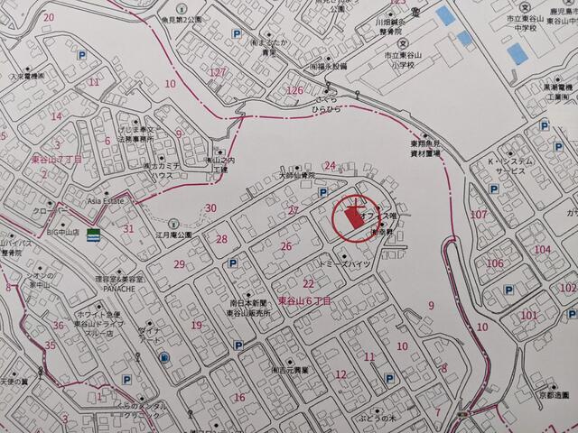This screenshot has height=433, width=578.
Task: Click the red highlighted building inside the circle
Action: point(352,216)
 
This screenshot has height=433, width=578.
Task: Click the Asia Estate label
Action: point(107,202)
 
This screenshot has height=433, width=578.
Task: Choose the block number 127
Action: point(217,72)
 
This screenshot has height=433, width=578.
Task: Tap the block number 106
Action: point(494,263)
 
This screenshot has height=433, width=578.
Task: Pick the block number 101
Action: point(528,315)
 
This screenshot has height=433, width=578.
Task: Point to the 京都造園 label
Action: point(549,395)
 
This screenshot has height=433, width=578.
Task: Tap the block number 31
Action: point(128,228)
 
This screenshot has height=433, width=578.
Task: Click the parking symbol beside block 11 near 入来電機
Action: point(81,56)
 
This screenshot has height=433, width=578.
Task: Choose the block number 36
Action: point(58,325)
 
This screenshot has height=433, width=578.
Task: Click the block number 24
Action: point(330,165)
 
